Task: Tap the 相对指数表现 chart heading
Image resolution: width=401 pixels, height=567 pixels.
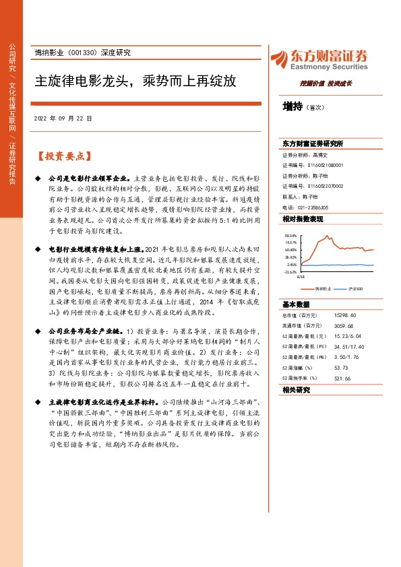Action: pyautogui.click(x=303, y=220)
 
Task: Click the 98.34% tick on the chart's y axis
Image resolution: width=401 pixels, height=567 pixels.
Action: pyautogui.click(x=290, y=236)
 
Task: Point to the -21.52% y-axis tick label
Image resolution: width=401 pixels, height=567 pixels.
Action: pyautogui.click(x=290, y=272)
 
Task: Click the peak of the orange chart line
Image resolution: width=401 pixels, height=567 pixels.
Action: pyautogui.click(x=328, y=236)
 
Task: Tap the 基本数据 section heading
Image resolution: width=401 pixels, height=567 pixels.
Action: pyautogui.click(x=296, y=303)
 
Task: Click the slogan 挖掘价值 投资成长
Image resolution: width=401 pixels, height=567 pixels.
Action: pyautogui.click(x=326, y=83)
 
